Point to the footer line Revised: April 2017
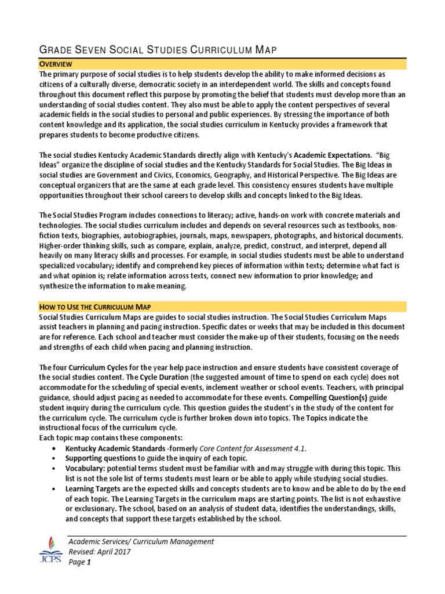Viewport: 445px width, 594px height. (x=99, y=552)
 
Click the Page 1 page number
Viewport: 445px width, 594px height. (x=80, y=562)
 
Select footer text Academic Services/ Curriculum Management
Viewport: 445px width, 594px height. (x=141, y=541)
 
